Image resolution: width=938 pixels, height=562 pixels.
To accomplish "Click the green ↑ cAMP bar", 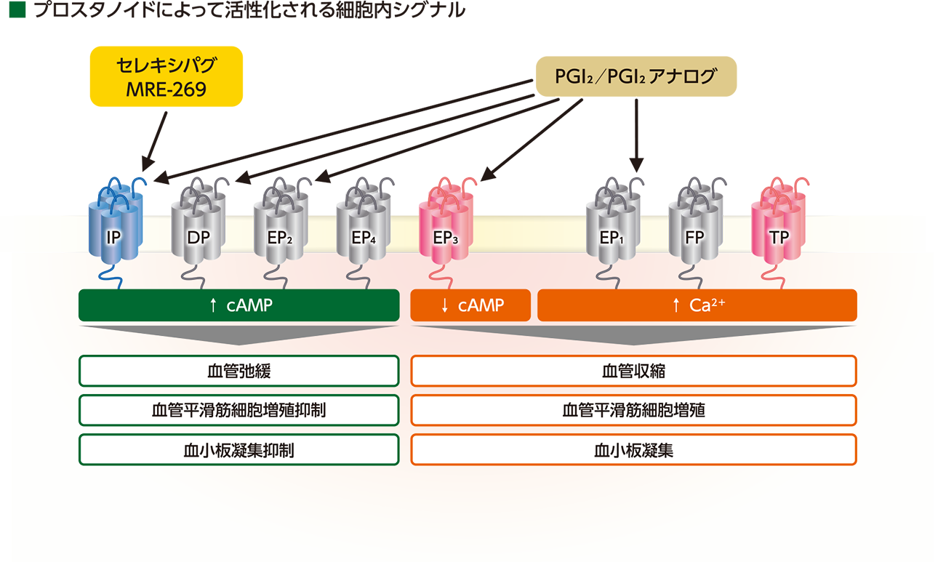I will [238, 305].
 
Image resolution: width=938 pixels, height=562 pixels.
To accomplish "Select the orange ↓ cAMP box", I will [470, 305].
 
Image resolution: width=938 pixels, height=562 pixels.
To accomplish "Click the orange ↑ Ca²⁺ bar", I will [697, 305].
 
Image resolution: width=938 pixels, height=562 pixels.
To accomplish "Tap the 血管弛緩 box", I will [238, 372].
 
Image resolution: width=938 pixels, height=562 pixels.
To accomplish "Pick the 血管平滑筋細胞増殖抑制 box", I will [238, 410].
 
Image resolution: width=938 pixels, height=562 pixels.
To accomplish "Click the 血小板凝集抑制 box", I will [238, 450].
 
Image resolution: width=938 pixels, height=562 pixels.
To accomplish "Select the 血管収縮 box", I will [633, 372].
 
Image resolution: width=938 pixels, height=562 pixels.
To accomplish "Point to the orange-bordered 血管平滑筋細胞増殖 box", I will [633, 410].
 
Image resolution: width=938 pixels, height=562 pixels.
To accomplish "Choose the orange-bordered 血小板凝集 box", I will [633, 450].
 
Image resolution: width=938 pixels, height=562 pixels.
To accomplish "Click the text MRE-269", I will [166, 89].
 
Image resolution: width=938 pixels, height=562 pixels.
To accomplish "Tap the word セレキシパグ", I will [166, 68].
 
